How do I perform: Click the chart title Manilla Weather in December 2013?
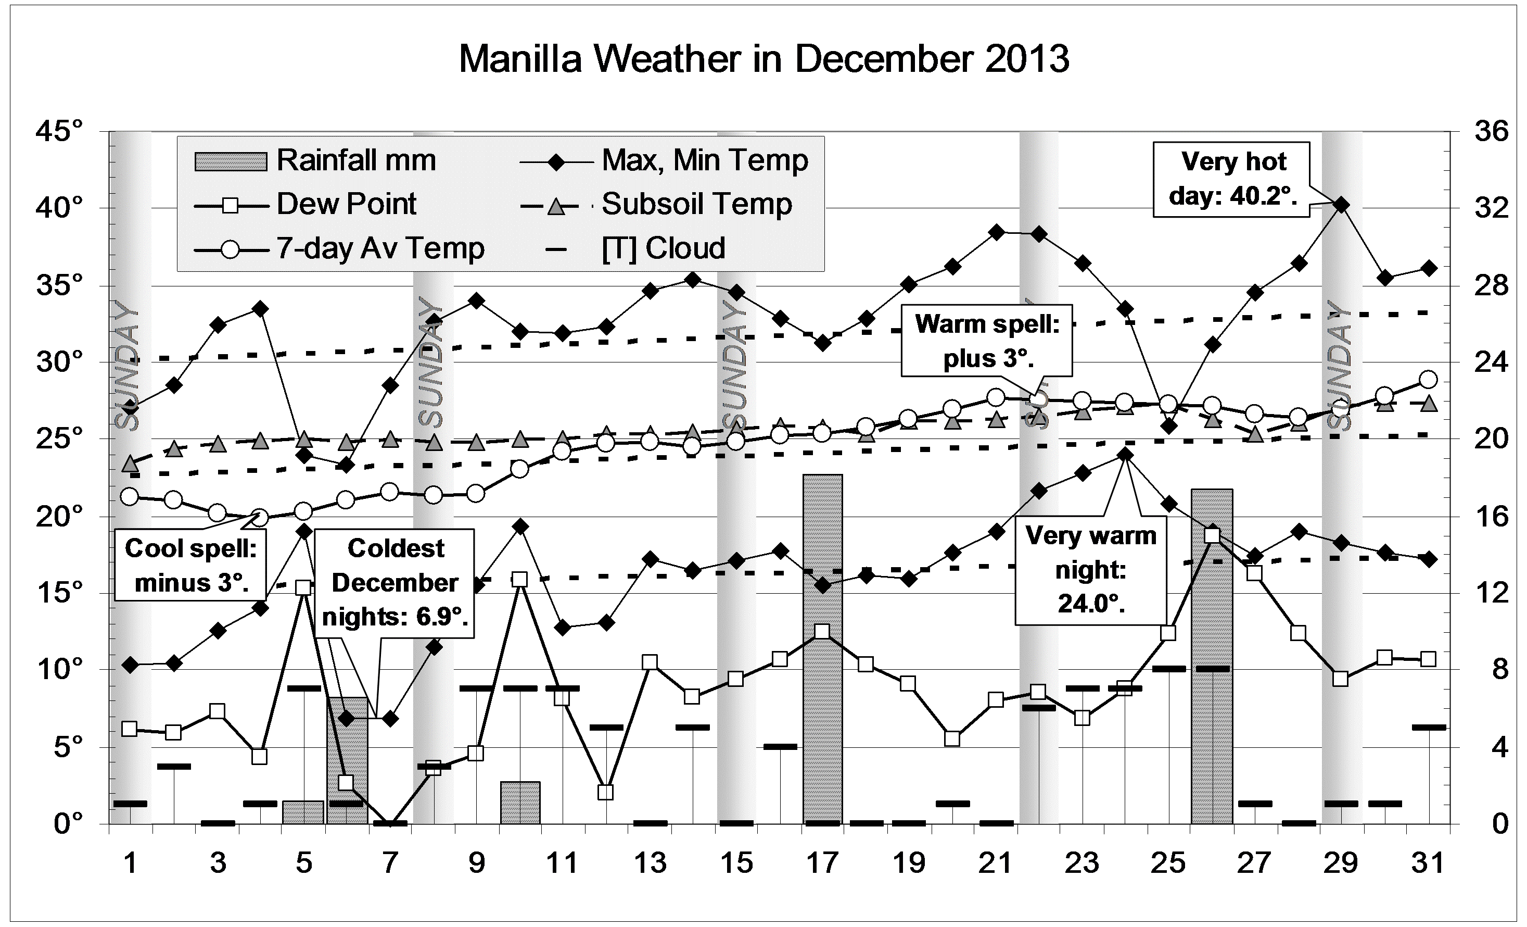(763, 59)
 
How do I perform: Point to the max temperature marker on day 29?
(1341, 205)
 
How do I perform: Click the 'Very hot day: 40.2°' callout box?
(1233, 179)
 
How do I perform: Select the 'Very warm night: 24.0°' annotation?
(1091, 569)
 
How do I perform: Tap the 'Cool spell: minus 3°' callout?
(191, 565)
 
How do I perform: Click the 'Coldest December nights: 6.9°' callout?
(395, 582)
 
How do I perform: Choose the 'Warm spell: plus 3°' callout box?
(987, 341)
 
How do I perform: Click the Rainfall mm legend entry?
(316, 160)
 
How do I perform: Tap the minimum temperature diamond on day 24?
(1125, 455)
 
